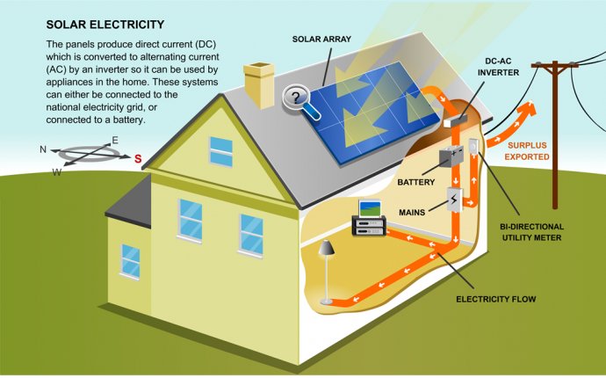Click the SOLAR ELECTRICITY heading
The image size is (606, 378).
[105, 25]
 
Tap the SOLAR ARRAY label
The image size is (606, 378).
[321, 39]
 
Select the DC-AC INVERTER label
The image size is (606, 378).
[498, 67]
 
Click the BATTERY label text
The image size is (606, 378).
[415, 182]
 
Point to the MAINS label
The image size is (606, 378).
[412, 213]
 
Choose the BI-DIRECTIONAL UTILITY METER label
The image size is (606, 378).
[531, 232]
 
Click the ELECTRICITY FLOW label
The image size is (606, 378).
[496, 299]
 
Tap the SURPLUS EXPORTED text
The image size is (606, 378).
[527, 151]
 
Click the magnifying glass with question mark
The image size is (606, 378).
[300, 101]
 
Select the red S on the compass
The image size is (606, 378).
[138, 158]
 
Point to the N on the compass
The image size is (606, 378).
[43, 149]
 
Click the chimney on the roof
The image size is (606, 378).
[259, 85]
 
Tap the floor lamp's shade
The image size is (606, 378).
[327, 248]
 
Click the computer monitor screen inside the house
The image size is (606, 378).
[370, 208]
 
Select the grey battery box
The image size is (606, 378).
[451, 156]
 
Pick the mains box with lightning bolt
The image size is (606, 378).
[455, 200]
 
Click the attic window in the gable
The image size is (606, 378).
[221, 152]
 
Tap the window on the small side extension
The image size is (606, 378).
[130, 262]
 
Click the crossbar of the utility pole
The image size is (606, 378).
[554, 65]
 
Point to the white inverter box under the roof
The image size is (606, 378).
[455, 120]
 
